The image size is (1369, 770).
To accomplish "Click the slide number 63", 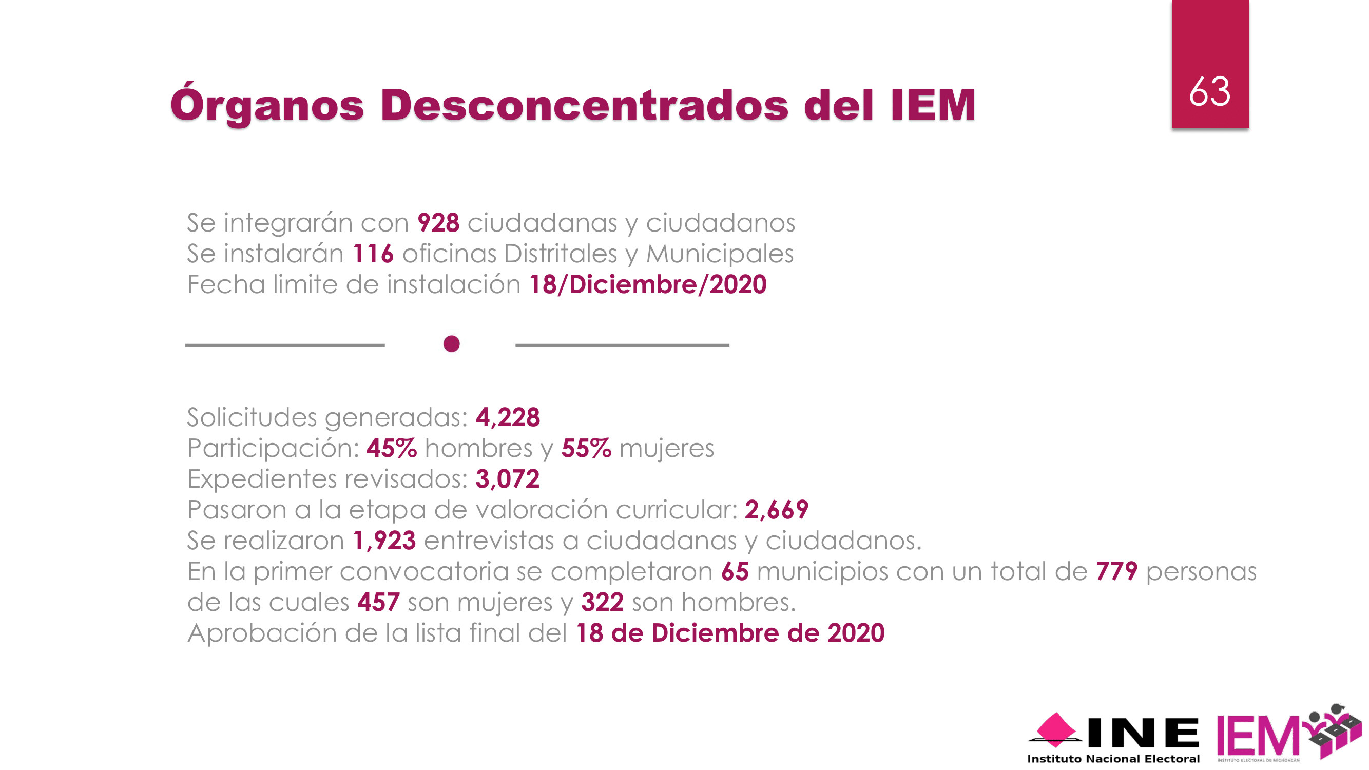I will (1209, 91).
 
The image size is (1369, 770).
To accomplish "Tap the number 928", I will (438, 223).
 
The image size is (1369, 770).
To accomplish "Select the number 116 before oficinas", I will (373, 254).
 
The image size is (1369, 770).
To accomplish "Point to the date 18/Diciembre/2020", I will (647, 284).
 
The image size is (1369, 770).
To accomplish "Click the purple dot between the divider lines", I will (451, 344).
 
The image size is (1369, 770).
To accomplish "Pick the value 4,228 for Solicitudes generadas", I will (508, 417).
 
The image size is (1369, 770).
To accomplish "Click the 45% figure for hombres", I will (391, 448).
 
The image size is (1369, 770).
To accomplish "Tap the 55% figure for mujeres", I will (586, 448).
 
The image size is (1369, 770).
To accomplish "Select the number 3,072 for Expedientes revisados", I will (507, 479).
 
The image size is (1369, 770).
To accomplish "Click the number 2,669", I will (776, 510).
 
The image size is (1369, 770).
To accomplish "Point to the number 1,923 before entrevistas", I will (384, 541).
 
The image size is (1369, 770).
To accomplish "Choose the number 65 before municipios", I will (735, 571).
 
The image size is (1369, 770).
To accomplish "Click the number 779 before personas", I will (1116, 571).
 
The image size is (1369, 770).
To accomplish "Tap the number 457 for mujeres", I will (378, 602).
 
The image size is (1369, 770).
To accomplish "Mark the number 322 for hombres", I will (602, 602).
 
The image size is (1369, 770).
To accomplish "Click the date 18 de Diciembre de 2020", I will (730, 633).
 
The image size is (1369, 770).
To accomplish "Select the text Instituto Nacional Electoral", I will (1113, 759).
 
